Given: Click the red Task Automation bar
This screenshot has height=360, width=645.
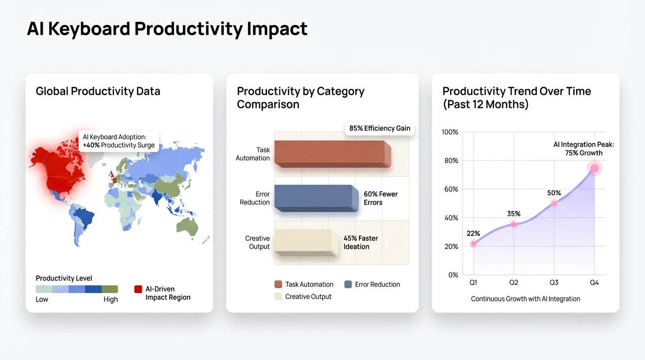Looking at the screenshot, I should point(330,153).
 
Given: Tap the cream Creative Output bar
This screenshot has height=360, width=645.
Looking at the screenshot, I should point(305,241).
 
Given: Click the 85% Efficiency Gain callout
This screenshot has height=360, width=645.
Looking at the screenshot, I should point(380,128).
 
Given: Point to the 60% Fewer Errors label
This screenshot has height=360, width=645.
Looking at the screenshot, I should point(380,198).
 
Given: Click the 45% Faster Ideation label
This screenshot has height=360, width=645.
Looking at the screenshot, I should point(360,242).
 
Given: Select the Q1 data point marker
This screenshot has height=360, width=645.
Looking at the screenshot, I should point(473,244).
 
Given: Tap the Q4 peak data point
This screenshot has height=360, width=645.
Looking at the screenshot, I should point(594,168).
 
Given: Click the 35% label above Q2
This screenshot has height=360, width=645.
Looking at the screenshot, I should point(514,214).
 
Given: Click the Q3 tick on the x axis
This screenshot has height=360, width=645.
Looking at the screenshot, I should point(554,282).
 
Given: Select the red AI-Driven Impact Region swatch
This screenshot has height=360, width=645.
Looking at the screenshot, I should point(138,289).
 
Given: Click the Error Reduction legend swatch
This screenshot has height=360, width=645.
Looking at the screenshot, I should point(348,284).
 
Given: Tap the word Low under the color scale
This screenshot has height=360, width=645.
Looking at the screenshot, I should point(42,300).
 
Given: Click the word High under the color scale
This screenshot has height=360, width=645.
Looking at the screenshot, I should point(111,300).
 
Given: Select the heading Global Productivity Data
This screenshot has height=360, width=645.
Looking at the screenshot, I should point(98,91).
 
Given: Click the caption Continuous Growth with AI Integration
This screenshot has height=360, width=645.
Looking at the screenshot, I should point(525,299).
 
